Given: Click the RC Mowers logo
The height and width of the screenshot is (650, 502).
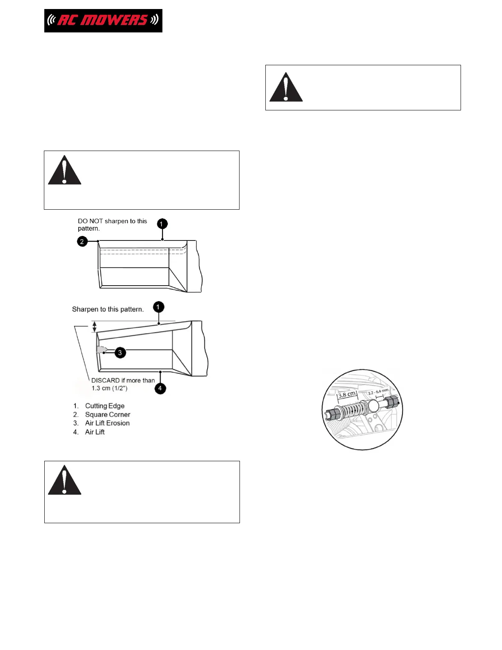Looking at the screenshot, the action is (x=103, y=21).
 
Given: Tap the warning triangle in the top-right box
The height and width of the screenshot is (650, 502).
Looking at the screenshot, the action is (x=286, y=88).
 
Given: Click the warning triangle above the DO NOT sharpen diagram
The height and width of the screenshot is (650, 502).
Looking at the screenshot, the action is (x=64, y=171).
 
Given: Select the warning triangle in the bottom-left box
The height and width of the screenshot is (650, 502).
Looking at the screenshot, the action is (x=64, y=481).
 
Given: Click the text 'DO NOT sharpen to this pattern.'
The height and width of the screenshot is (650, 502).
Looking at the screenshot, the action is (x=112, y=224).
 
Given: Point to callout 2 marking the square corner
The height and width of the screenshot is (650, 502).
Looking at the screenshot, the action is (x=82, y=241).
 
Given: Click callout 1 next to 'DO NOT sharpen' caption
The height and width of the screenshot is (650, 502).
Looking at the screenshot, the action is (x=162, y=224).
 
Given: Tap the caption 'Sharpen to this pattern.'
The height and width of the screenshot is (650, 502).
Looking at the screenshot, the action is (x=108, y=309).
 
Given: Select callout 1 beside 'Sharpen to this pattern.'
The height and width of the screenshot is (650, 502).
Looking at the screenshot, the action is (x=158, y=307).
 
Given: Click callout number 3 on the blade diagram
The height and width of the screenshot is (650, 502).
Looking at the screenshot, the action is (x=120, y=352).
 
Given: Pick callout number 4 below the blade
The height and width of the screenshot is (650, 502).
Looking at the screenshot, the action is (x=160, y=388).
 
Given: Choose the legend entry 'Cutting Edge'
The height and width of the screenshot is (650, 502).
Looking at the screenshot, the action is (x=105, y=406).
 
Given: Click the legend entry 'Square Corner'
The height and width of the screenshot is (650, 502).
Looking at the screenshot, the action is (x=107, y=414).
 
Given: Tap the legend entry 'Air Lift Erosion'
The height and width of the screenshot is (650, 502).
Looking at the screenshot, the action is (x=107, y=423).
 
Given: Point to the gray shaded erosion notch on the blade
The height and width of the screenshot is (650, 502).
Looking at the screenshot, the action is (x=100, y=350).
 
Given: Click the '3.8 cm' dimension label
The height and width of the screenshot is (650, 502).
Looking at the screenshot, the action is (x=347, y=395).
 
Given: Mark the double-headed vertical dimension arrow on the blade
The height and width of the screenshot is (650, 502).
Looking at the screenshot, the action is (x=94, y=327).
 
